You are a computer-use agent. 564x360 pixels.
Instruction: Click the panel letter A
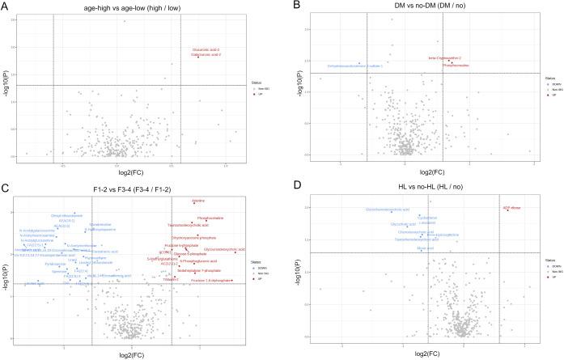[5, 6]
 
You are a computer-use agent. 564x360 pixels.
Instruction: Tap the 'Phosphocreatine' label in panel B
[455, 65]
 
